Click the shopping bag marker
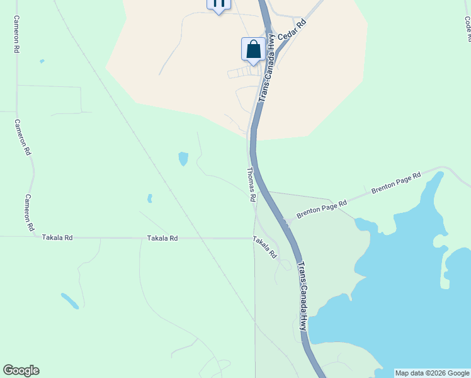(x=253, y=49)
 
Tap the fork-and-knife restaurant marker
(x=218, y=4)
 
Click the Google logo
(x=21, y=370)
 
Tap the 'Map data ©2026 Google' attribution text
(x=432, y=373)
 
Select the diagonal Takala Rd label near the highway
(x=264, y=248)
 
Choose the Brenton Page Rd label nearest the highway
(x=322, y=209)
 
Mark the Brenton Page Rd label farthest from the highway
(x=395, y=183)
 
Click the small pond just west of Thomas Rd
(x=183, y=158)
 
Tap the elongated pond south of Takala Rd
(x=70, y=301)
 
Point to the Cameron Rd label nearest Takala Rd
(x=29, y=212)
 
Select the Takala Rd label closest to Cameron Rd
(x=57, y=238)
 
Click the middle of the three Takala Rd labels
(x=162, y=239)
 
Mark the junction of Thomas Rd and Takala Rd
(x=254, y=238)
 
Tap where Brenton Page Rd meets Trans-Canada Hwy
(x=285, y=222)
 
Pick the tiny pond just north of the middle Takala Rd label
(x=150, y=198)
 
